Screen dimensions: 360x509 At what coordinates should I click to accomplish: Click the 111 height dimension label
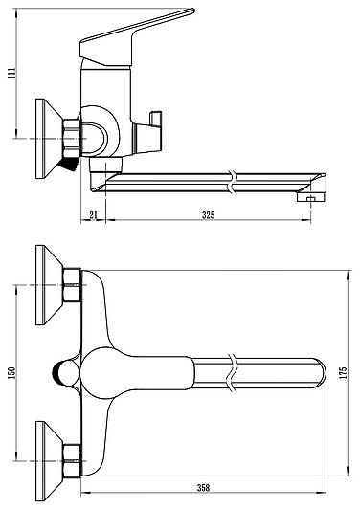(11, 74)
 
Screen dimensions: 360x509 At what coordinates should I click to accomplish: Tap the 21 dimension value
(93, 215)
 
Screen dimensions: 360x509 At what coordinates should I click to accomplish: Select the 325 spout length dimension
(209, 215)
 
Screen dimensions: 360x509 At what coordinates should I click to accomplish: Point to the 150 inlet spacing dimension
(11, 373)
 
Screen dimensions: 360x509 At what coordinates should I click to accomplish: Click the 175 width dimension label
(344, 373)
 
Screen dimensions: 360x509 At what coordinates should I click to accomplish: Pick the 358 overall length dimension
(203, 488)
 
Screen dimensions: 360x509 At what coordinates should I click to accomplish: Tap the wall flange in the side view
(49, 139)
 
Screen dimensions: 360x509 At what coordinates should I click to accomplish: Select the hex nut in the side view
(72, 139)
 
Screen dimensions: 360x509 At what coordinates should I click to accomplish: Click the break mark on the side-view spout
(233, 183)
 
